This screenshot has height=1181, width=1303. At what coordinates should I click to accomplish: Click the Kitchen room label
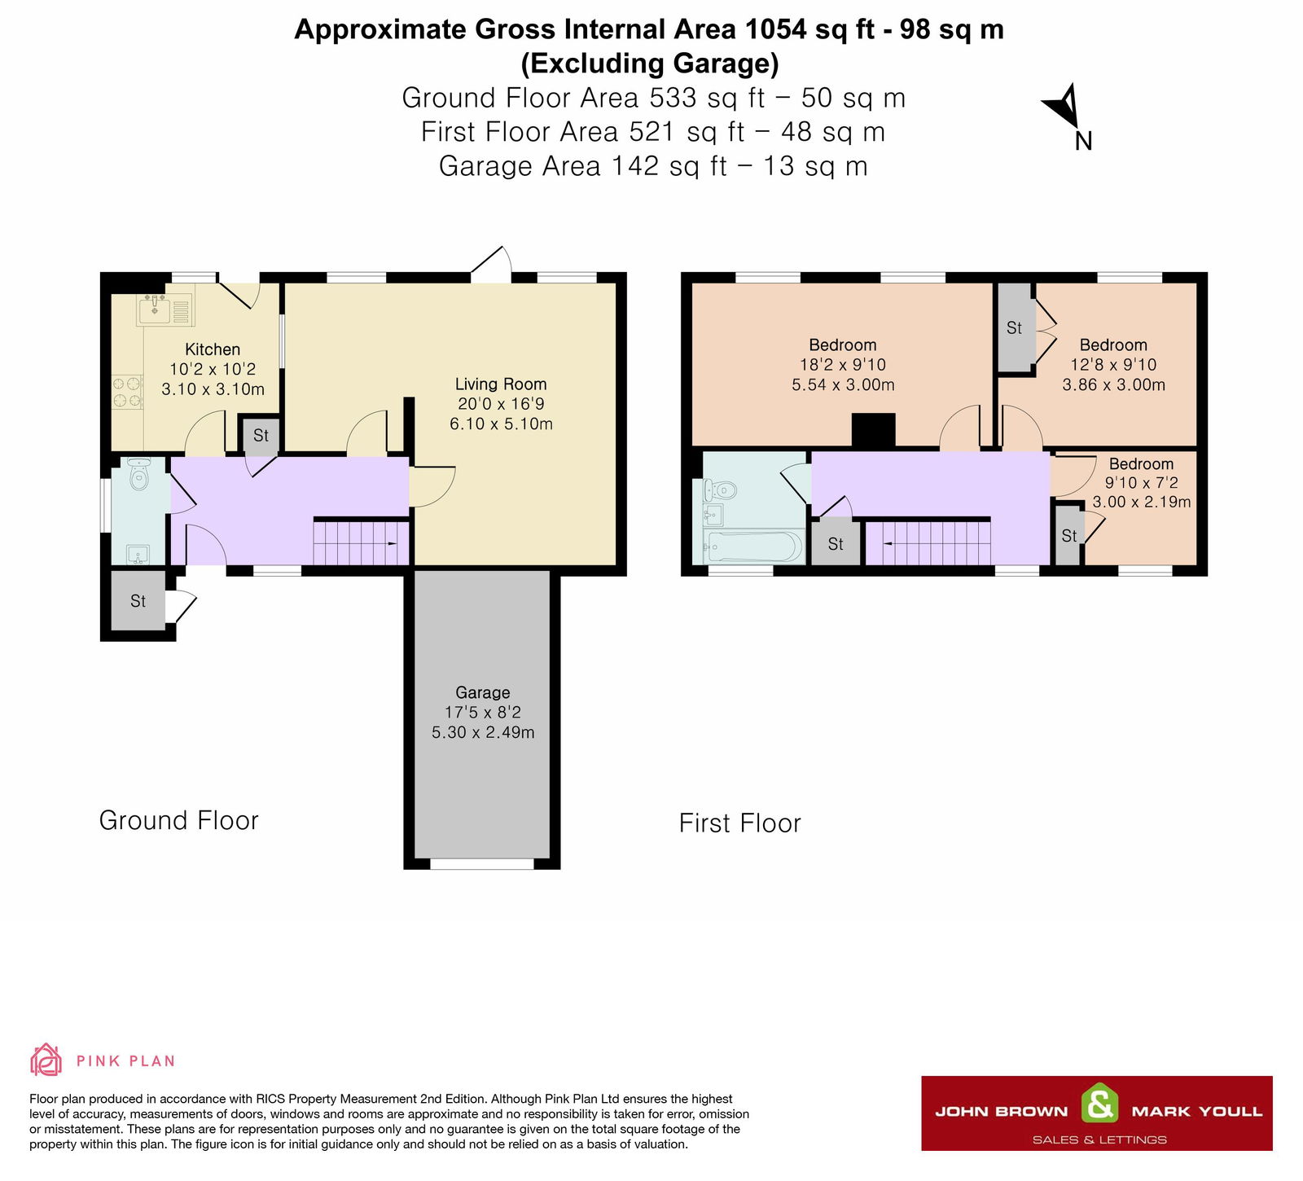(x=212, y=349)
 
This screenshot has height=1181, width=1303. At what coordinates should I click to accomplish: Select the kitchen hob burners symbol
(x=128, y=391)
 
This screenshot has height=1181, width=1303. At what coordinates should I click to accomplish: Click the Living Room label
(x=500, y=384)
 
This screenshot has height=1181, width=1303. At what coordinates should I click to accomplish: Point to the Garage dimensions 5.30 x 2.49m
(x=483, y=732)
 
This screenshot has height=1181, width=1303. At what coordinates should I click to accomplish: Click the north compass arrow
(x=1064, y=106)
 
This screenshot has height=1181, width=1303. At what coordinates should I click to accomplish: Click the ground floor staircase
(x=361, y=542)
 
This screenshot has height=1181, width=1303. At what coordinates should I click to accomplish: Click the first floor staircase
(x=928, y=542)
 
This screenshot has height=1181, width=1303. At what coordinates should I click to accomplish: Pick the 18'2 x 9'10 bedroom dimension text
(x=842, y=365)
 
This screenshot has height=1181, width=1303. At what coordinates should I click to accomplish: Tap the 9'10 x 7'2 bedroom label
(x=1141, y=464)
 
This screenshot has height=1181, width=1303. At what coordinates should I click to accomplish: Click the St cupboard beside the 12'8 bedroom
(x=1014, y=327)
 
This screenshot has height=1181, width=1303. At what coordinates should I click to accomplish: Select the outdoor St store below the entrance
(x=138, y=601)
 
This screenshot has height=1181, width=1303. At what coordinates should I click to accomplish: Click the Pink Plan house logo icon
(x=46, y=1060)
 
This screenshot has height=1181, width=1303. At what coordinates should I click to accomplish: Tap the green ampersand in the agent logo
(x=1099, y=1105)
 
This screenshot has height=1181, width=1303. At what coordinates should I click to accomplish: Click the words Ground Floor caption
(x=178, y=820)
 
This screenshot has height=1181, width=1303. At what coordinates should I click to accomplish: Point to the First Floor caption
(x=739, y=823)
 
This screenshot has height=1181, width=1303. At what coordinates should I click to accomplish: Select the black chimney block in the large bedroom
(x=873, y=430)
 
